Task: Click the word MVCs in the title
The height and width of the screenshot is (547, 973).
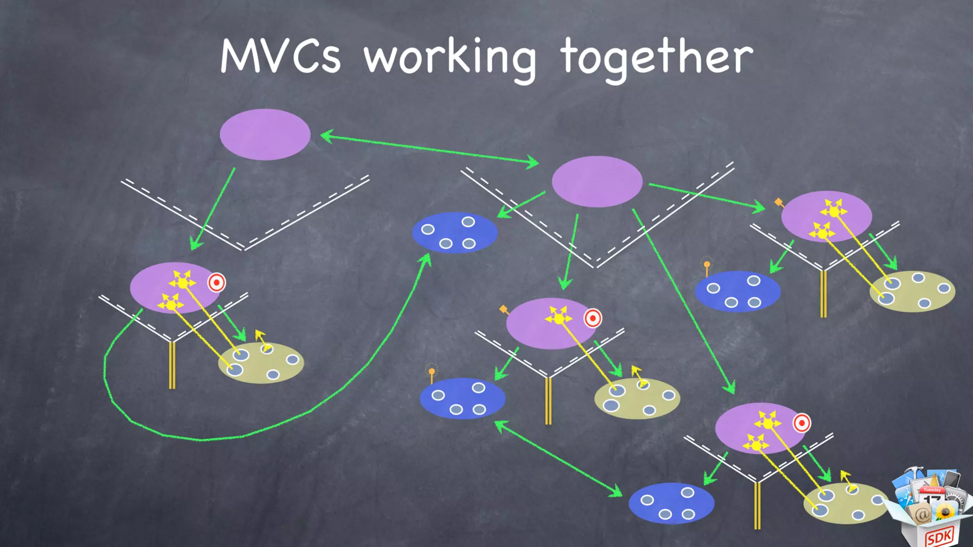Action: [280, 57]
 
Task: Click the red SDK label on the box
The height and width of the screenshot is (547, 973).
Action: [939, 537]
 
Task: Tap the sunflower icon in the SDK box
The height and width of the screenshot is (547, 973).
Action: [944, 512]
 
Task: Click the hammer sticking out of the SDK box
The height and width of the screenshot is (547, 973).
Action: [915, 472]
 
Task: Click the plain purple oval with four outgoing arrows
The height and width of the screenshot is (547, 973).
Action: [597, 181]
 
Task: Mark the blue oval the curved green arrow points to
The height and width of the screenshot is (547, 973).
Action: [454, 233]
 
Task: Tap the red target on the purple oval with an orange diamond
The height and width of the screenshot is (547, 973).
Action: [592, 318]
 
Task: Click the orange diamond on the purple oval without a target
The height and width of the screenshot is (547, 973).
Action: [778, 202]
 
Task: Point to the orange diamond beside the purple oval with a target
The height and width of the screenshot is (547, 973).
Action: [503, 310]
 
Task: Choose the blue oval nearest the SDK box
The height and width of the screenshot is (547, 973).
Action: [671, 503]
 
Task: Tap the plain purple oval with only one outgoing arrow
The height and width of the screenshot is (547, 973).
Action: [265, 134]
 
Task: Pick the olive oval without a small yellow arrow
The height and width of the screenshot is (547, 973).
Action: [912, 291]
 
